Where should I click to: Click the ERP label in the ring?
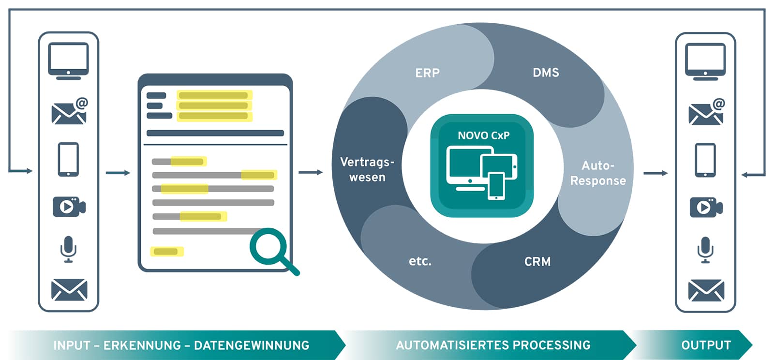[x=427, y=73]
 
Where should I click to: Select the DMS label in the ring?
[x=546, y=73]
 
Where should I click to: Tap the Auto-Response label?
[x=598, y=173]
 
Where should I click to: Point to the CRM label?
[x=537, y=262]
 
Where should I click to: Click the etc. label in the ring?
[x=420, y=261]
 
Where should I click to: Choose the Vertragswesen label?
[x=367, y=169]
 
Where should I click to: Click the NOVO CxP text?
[x=483, y=135]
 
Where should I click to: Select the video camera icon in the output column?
[x=706, y=207]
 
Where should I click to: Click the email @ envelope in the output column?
[x=706, y=112]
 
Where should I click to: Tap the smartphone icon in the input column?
[x=68, y=159]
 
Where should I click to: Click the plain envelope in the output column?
[x=706, y=290]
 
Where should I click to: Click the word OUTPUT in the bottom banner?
[x=706, y=345]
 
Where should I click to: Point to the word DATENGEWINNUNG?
[x=252, y=345]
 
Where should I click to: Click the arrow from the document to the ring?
[x=311, y=172]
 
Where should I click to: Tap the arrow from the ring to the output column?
[x=655, y=173]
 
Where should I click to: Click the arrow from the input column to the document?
[x=118, y=173]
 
